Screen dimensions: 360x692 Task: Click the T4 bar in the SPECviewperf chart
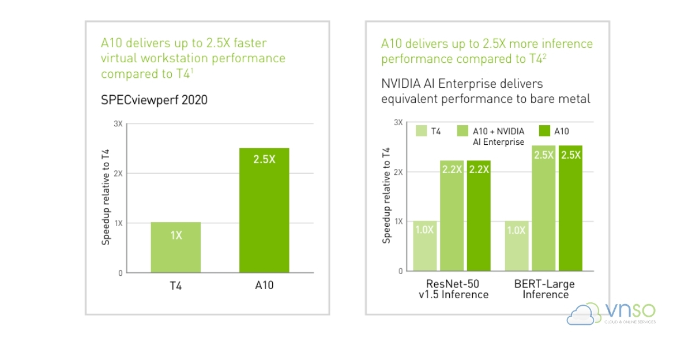coord(176,247)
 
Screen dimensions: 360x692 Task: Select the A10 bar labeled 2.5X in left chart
coord(264,211)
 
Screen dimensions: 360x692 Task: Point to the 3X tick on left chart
coord(118,124)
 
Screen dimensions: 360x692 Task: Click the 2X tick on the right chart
coord(398,172)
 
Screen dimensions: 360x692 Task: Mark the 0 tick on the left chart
coord(120,273)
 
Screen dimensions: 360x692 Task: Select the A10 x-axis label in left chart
coord(264,285)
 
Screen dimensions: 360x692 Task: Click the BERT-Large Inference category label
coord(545,290)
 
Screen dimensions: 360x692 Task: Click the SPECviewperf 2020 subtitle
coord(154,100)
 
